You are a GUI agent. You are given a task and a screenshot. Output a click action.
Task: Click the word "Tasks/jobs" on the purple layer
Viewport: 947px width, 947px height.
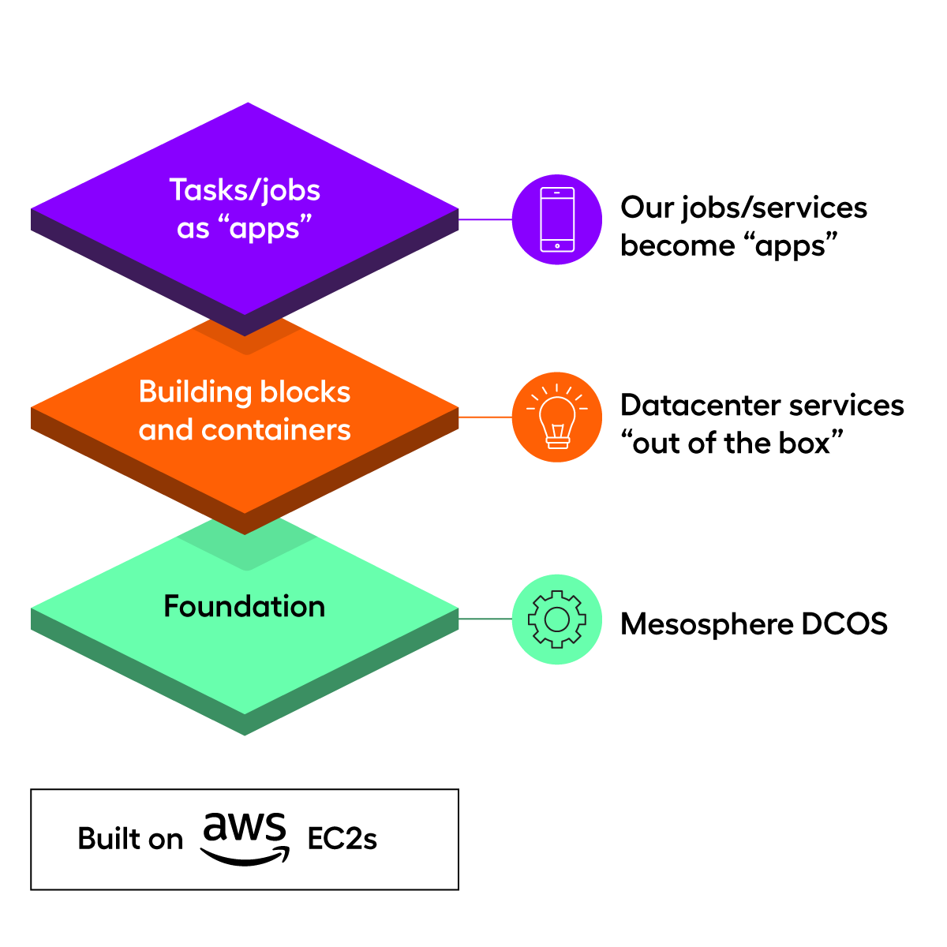click(245, 191)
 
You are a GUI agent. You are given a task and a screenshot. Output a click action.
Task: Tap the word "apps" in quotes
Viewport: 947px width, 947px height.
click(266, 230)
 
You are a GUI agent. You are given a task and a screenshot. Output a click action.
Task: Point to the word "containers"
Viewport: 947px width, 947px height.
click(276, 430)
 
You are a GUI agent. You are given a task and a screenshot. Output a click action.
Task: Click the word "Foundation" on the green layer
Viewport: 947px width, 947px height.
click(245, 606)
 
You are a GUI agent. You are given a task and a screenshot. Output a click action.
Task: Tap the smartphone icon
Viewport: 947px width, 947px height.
click(557, 219)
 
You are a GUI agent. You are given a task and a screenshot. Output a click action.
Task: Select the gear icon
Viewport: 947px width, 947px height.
click(557, 619)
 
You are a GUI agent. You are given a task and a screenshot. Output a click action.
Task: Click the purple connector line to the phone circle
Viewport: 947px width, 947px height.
click(485, 219)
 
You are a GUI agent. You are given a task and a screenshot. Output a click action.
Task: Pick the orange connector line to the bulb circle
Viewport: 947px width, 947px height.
click(485, 417)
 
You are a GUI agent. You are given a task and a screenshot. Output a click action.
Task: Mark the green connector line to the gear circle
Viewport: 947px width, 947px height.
click(485, 619)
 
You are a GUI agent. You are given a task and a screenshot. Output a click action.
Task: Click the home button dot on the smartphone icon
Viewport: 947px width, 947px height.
click(557, 245)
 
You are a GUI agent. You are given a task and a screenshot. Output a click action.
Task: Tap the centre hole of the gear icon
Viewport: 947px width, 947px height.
click(557, 619)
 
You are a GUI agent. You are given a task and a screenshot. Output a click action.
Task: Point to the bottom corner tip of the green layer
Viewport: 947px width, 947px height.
click(245, 734)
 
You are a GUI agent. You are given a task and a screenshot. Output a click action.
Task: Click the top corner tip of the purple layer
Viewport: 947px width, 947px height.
click(248, 103)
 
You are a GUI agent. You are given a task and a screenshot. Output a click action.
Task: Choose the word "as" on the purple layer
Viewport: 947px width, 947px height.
click(193, 230)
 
